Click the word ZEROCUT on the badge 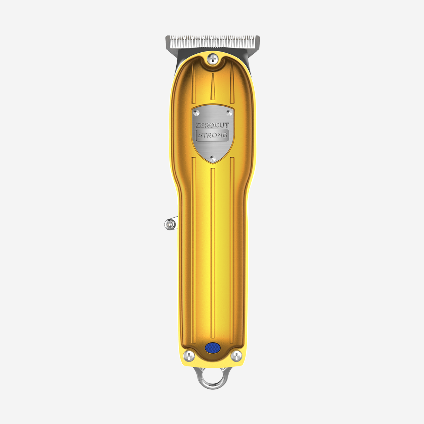tap(212, 125)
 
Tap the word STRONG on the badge tap(213, 135)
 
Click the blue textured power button tap(212, 348)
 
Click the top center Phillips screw tap(213, 59)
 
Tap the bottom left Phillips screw tap(189, 356)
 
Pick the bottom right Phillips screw tap(236, 356)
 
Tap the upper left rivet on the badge tap(196, 113)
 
